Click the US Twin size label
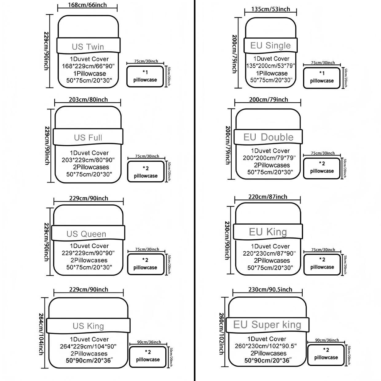(88, 47)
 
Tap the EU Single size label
(270, 45)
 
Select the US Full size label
(88, 137)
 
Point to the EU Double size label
(268, 137)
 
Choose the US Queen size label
(86, 234)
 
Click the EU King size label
(268, 232)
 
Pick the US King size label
(88, 326)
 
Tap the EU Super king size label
(267, 324)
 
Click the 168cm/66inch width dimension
(87, 5)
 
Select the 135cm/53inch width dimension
(270, 9)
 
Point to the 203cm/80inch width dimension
(88, 100)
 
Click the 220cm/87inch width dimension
(268, 197)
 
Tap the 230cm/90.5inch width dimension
(270, 289)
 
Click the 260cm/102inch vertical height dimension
(221, 333)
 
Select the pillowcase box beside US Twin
(145, 76)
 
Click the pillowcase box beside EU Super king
(326, 355)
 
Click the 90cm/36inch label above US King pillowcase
(149, 342)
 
